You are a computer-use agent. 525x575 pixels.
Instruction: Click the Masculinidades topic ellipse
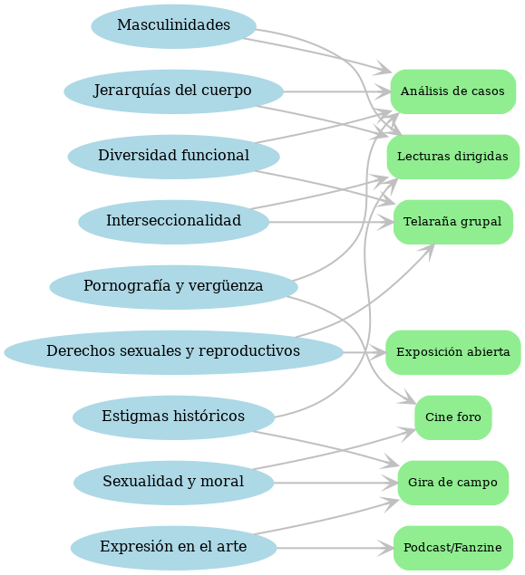click(x=174, y=26)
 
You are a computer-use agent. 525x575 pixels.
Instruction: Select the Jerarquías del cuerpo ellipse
click(x=174, y=91)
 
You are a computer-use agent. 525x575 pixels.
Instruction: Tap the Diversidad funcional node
click(x=174, y=157)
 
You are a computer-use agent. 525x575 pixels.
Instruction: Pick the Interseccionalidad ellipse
click(x=174, y=222)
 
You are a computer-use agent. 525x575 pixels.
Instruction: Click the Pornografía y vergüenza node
click(x=174, y=288)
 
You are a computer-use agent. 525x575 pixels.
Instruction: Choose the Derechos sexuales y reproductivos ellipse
click(x=174, y=352)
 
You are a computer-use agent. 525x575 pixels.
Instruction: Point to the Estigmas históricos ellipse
click(x=174, y=417)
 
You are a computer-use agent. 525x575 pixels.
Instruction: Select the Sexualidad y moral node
click(x=174, y=483)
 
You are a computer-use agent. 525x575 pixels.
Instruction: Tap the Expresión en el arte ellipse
click(x=174, y=548)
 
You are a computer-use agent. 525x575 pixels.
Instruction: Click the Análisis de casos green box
click(x=453, y=91)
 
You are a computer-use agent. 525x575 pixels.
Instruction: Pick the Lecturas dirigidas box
click(x=453, y=157)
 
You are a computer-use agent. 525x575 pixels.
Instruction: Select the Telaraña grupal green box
click(x=453, y=222)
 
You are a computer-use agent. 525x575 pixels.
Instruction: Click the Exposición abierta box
click(x=453, y=352)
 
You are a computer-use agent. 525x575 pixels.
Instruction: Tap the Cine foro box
click(x=453, y=417)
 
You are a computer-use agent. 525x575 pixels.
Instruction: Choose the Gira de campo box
click(x=453, y=483)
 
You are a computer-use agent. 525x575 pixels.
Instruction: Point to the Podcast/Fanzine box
click(x=453, y=548)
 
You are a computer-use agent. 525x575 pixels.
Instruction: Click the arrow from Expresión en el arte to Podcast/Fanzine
click(x=335, y=548)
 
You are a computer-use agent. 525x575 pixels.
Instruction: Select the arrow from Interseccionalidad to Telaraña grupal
click(x=332, y=222)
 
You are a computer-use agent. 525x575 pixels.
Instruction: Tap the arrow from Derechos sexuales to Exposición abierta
click(x=365, y=352)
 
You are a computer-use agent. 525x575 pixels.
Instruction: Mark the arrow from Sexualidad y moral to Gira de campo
click(x=335, y=483)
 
